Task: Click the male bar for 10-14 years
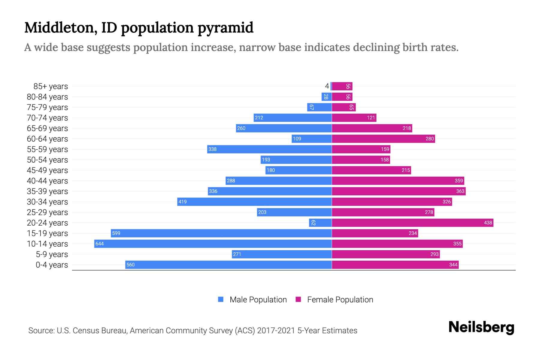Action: (x=213, y=244)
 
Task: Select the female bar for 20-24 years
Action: (x=412, y=223)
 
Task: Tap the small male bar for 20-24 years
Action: (x=320, y=223)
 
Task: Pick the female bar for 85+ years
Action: (x=342, y=86)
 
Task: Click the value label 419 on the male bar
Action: (x=182, y=202)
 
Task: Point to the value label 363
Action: (x=460, y=191)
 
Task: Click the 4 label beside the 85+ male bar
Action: (x=327, y=86)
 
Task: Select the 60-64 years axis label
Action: (x=47, y=139)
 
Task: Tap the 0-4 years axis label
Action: (x=52, y=265)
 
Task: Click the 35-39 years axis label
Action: (x=47, y=191)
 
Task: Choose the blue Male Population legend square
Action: (x=221, y=299)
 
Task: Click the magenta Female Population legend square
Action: (x=298, y=299)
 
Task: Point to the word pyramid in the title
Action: (x=225, y=28)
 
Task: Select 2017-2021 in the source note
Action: (x=276, y=331)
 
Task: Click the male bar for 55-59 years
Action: (x=269, y=149)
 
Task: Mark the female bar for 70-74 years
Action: (x=354, y=118)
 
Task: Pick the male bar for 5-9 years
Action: (x=282, y=254)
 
